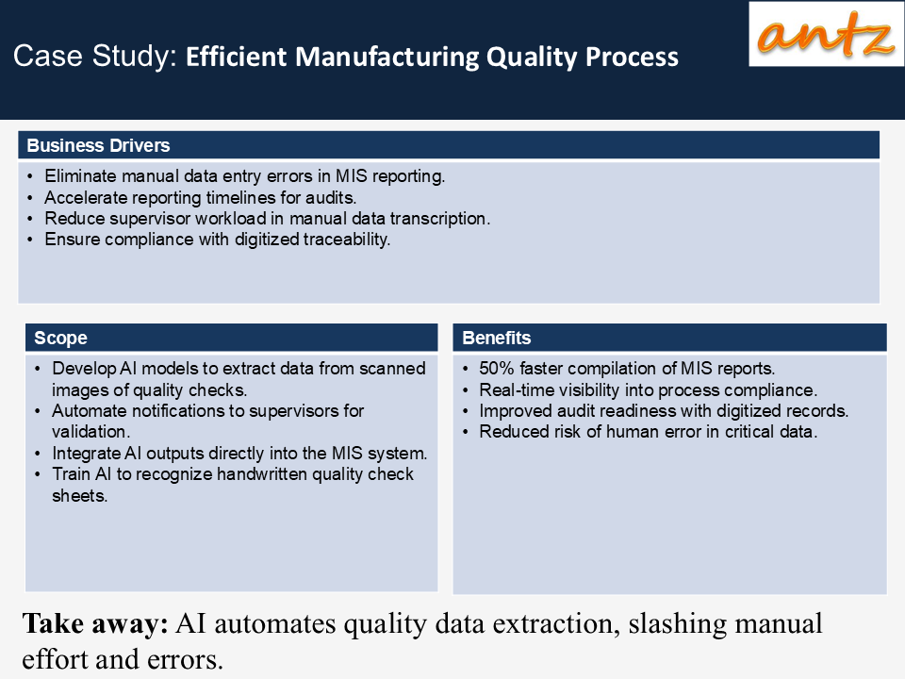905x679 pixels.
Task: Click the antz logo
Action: click(x=826, y=34)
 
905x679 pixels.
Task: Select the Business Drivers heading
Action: click(x=98, y=145)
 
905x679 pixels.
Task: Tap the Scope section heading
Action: click(x=60, y=338)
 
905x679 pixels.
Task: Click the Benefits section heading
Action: click(x=497, y=338)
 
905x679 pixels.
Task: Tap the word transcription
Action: click(x=440, y=219)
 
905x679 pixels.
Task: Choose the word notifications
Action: click(x=189, y=410)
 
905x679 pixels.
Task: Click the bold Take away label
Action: click(x=95, y=624)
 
